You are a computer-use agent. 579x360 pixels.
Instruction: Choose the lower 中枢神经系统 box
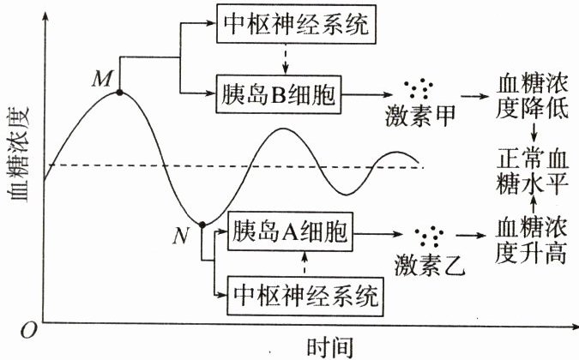pos(306,297)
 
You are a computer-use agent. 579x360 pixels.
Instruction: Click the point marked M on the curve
pos(118,92)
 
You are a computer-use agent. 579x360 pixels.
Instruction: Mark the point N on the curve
pos(202,225)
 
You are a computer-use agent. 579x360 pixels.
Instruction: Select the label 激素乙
pos(428,265)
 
